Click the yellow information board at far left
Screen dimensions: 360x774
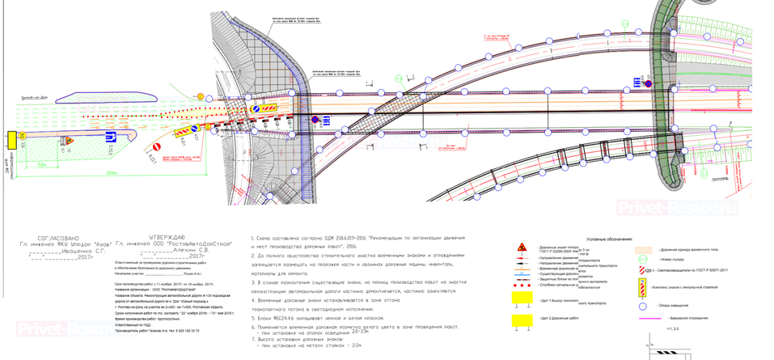(11, 140)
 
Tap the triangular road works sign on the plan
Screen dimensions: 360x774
(70, 142)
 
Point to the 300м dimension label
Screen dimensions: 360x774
(111, 173)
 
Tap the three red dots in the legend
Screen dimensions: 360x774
(525, 285)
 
